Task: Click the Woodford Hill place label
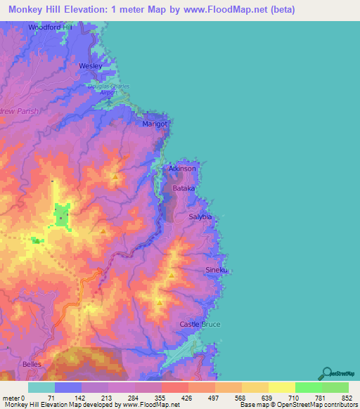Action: [51, 27]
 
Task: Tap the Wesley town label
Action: [91, 65]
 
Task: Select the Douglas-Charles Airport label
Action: [108, 89]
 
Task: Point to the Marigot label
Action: [156, 124]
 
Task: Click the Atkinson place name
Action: [182, 169]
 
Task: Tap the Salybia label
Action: [200, 217]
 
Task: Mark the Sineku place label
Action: [217, 270]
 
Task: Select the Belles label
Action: [32, 365]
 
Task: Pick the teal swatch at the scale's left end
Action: [41, 388]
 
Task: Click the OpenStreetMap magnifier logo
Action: [326, 373]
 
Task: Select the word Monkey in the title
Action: [27, 10]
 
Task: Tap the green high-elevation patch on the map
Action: [60, 215]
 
